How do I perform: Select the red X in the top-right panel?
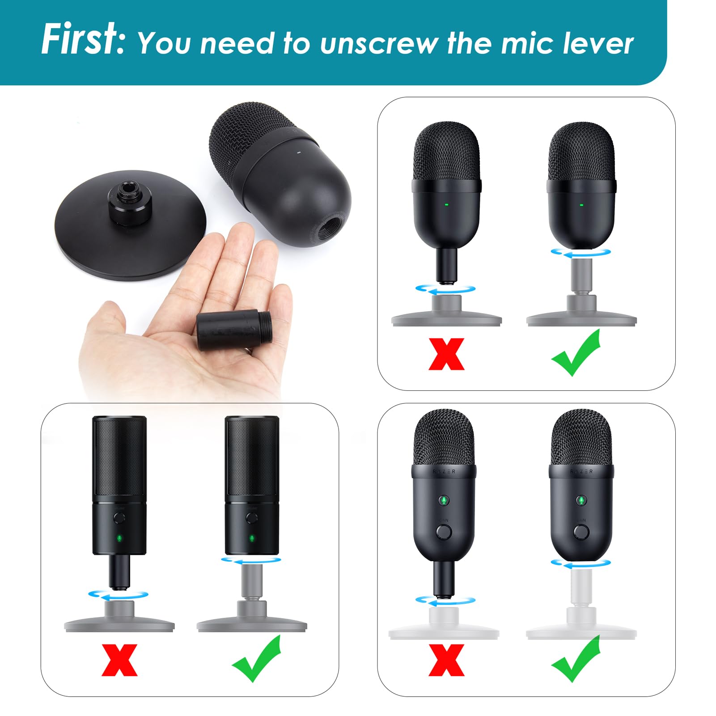[x=446, y=354]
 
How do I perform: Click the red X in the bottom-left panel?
[x=119, y=660]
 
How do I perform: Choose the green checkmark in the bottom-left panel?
[x=256, y=658]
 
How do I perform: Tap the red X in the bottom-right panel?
[x=446, y=660]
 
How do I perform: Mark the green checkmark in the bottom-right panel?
[x=576, y=658]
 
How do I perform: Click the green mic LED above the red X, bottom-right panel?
[x=444, y=500]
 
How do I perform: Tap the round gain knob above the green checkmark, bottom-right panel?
[x=581, y=532]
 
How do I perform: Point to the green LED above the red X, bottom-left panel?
[x=119, y=538]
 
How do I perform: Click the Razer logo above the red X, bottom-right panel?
[x=444, y=471]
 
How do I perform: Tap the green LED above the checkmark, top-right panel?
[x=581, y=205]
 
